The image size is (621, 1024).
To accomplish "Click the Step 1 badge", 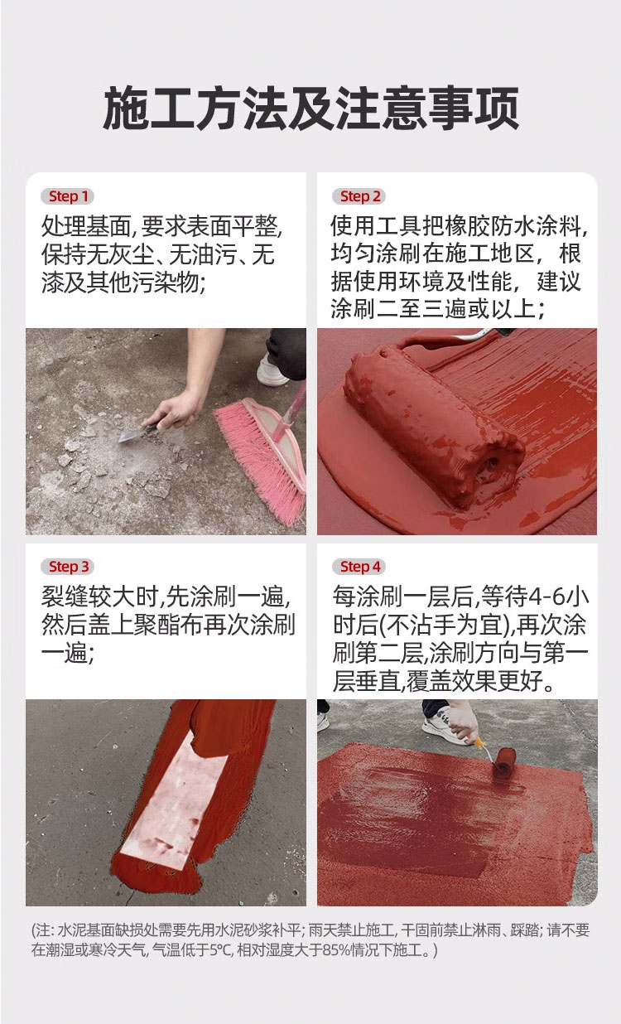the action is click(x=68, y=196).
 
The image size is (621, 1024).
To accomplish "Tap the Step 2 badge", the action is click(x=359, y=196).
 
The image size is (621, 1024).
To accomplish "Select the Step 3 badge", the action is click(x=68, y=567).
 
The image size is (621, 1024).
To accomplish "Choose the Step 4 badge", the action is click(x=359, y=567).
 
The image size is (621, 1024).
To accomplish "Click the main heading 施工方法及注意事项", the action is click(x=310, y=108).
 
